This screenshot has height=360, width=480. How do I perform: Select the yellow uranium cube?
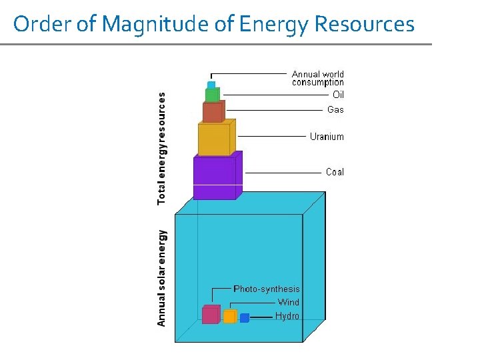(215, 139)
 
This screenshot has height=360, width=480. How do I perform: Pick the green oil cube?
(212, 95)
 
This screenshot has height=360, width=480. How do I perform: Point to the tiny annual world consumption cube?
(211, 85)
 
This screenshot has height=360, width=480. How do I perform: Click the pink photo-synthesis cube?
(211, 315)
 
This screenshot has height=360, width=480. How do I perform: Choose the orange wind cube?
(230, 317)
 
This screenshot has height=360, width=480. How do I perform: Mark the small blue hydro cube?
(245, 318)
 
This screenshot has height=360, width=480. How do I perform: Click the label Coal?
(335, 172)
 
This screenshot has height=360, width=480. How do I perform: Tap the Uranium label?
(327, 137)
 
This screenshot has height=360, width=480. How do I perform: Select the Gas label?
(335, 109)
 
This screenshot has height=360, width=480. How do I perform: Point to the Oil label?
(338, 95)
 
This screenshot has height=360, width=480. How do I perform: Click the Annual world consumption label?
(318, 79)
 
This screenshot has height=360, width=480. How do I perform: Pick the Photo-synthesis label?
(267, 289)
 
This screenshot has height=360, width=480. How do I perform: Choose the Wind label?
(289, 303)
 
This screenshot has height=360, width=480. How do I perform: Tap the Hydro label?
(287, 316)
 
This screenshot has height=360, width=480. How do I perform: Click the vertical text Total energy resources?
(162, 148)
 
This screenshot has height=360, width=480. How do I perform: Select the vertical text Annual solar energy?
(162, 278)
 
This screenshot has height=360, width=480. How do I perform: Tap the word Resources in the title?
(364, 25)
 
